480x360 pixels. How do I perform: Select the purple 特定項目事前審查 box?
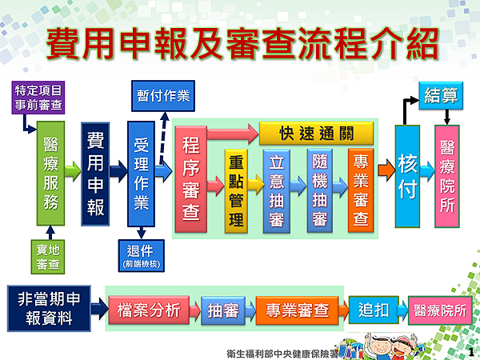click(37, 96)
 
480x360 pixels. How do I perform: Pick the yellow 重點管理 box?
click(237, 190)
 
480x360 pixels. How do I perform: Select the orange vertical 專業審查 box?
click(361, 190)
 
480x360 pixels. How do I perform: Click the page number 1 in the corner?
click(471, 350)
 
